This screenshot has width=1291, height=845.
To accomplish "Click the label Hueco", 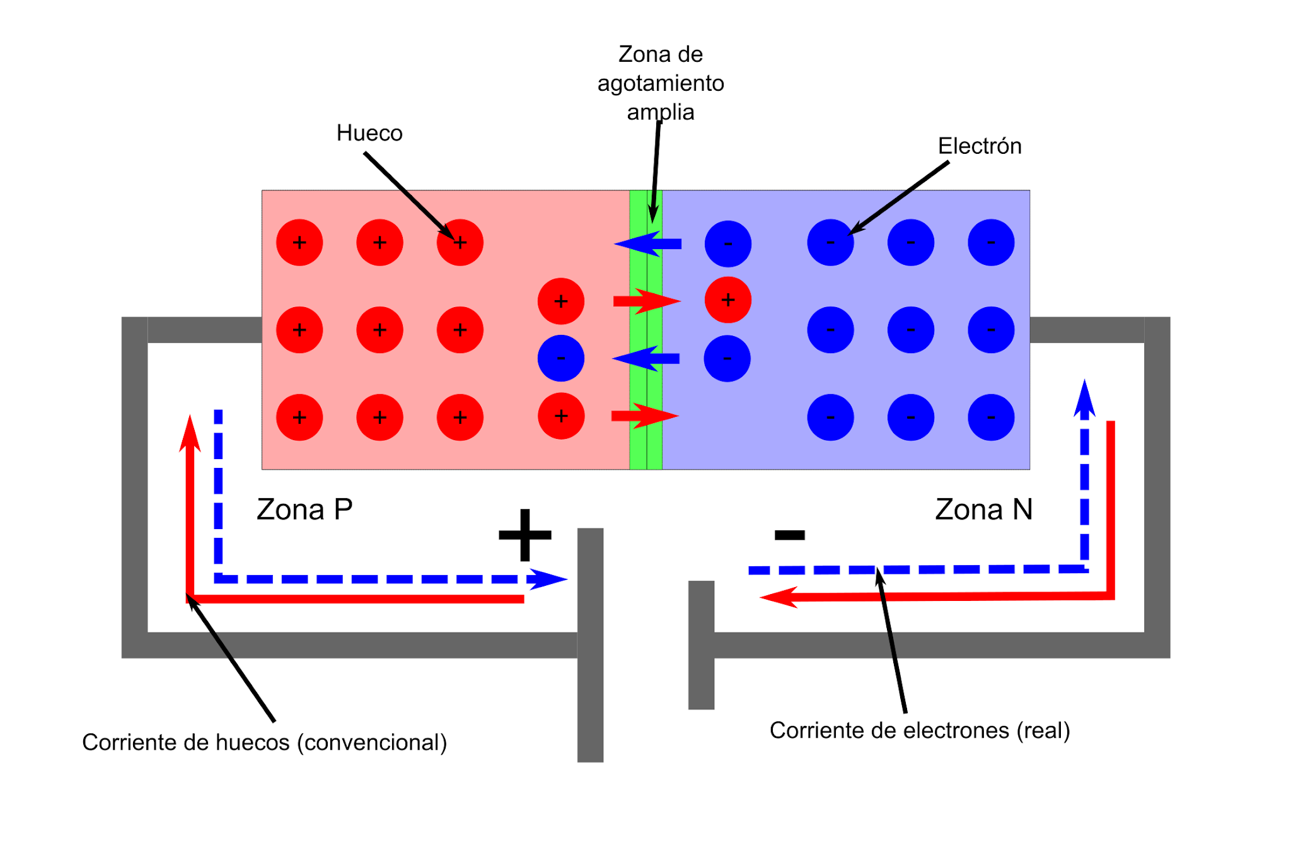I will click(x=369, y=133).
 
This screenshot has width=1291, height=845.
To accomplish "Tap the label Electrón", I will click(x=979, y=146).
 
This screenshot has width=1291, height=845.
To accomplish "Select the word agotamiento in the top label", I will click(x=661, y=83).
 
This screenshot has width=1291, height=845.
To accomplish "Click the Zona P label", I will click(x=304, y=510).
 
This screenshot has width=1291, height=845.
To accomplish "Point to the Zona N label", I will click(x=983, y=510).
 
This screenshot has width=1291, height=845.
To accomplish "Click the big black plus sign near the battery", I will click(x=524, y=535).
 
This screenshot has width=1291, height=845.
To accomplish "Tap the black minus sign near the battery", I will click(x=789, y=535).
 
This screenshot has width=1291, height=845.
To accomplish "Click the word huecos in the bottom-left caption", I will click(x=252, y=743).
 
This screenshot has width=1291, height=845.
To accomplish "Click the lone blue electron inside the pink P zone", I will click(x=560, y=358).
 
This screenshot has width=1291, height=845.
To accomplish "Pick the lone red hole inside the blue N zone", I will click(x=727, y=300).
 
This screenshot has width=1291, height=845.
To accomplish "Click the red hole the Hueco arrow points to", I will click(x=460, y=243).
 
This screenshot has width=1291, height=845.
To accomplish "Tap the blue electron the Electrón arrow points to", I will click(x=830, y=243).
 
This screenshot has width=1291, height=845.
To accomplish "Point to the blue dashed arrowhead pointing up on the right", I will click(x=1084, y=397).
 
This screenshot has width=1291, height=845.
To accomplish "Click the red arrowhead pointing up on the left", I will click(x=190, y=434).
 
